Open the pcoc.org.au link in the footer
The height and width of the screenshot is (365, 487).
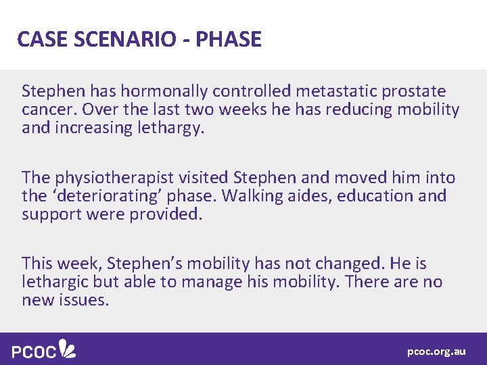pyautogui.click(x=436, y=351)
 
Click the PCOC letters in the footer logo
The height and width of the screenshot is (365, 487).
pyautogui.click(x=34, y=350)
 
